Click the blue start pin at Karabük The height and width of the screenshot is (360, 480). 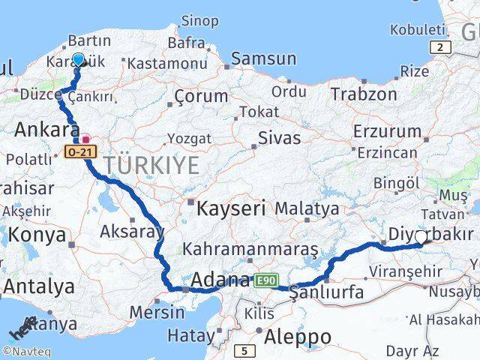click(78, 60)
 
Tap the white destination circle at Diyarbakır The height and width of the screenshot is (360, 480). click(421, 237)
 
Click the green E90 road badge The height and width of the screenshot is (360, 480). click(265, 280)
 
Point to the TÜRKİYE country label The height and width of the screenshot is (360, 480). click(151, 165)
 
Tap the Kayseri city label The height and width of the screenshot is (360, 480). click(232, 208)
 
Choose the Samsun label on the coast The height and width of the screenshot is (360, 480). click(263, 58)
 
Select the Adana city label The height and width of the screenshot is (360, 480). click(220, 280)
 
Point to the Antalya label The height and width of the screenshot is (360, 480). click(39, 286)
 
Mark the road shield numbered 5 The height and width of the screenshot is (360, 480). click(244, 349)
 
